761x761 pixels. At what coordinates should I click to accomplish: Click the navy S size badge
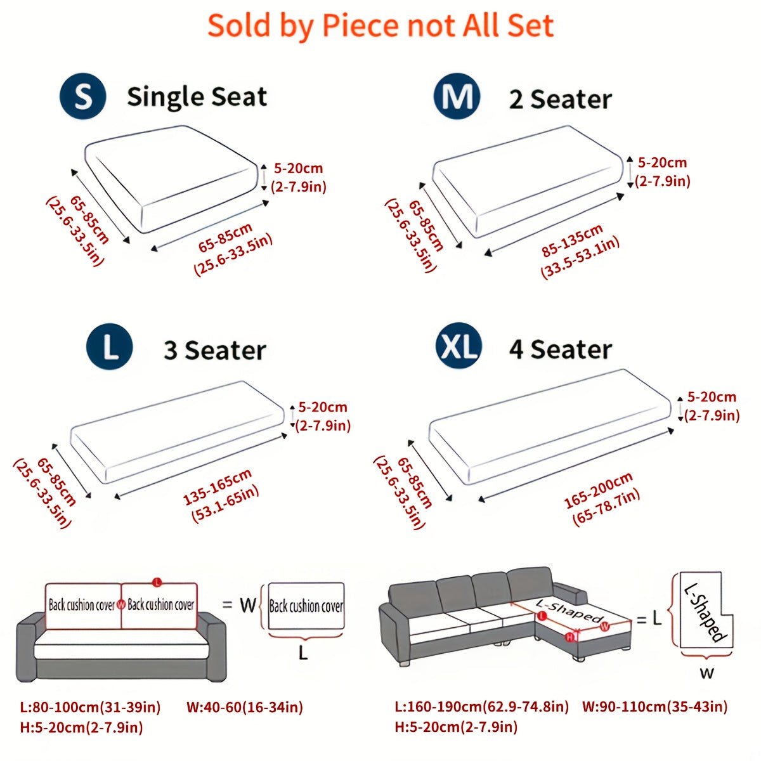click(82, 96)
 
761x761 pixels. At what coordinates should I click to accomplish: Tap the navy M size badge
click(457, 96)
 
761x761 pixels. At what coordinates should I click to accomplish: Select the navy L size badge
click(109, 347)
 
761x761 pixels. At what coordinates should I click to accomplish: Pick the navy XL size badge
click(459, 346)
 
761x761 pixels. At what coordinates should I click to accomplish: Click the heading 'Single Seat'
click(197, 97)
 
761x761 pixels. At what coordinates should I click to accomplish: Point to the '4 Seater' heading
click(561, 349)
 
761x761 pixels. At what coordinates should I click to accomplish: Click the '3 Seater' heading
click(215, 350)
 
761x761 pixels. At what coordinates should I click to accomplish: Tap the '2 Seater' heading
click(561, 99)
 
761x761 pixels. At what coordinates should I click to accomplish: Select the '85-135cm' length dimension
click(572, 240)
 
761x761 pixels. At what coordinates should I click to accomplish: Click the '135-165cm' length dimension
click(218, 487)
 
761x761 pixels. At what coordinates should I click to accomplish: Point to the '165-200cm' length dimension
click(598, 490)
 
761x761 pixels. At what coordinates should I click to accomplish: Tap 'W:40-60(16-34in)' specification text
click(245, 707)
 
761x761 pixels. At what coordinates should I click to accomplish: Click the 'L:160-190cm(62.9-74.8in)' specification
click(482, 706)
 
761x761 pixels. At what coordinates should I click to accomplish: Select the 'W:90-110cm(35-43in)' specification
click(654, 706)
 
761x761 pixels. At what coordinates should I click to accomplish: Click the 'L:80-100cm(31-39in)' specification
click(91, 707)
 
